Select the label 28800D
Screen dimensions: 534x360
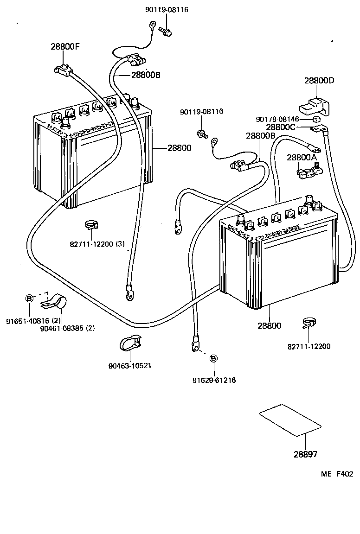point(319,80)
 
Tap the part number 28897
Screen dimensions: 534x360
point(305,454)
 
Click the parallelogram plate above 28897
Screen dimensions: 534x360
point(290,420)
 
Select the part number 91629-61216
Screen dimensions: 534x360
point(214,380)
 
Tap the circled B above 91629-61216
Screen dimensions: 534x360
point(213,358)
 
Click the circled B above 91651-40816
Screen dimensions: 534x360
point(29,299)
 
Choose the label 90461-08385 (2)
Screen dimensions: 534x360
point(67,328)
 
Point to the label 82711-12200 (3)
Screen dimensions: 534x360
point(97,244)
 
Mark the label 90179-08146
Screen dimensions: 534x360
point(277,119)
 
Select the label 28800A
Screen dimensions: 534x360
point(301,158)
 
